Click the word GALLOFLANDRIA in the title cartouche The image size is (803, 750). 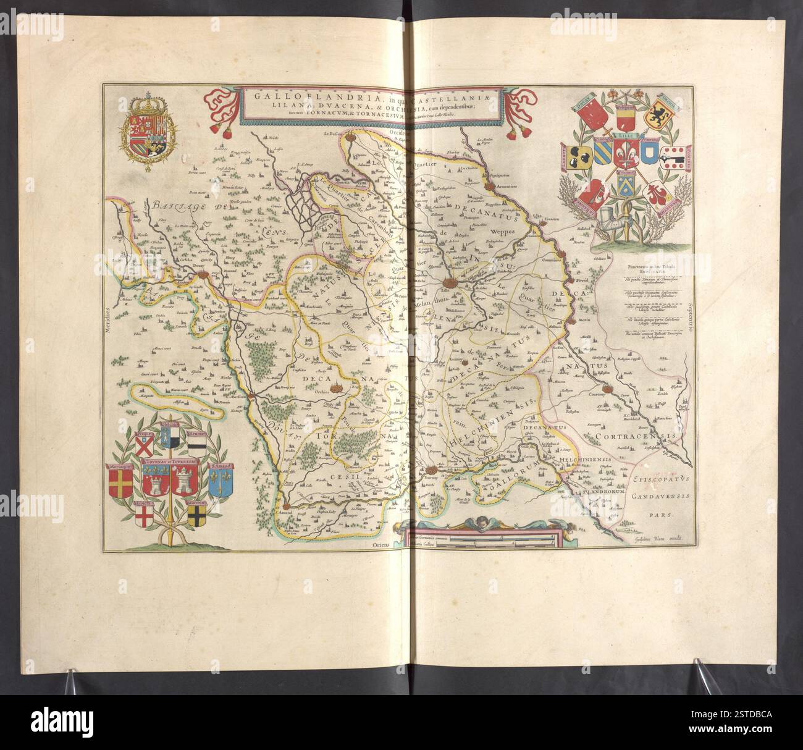282,96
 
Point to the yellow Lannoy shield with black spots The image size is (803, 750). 578,158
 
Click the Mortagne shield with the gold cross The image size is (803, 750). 120,482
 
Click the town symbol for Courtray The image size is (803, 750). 608,390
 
